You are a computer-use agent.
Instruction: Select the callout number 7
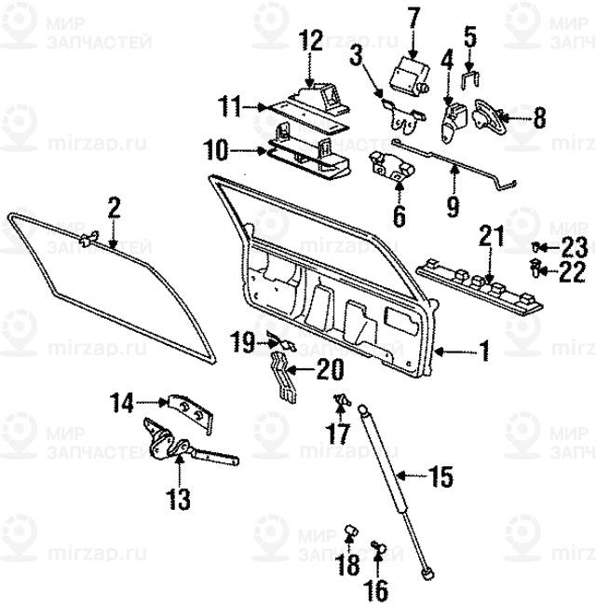pos(413,17)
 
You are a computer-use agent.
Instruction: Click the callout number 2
pos(114,207)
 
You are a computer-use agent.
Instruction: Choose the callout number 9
pos(453,204)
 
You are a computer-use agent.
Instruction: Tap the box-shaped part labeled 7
pos(407,74)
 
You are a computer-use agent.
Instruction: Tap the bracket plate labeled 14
pos(190,407)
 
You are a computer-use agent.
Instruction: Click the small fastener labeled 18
pos(352,531)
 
